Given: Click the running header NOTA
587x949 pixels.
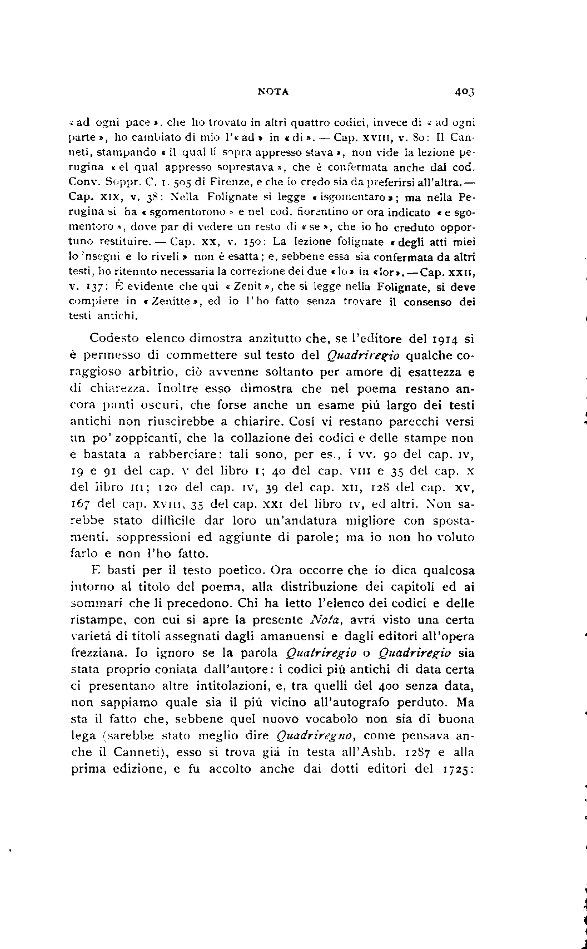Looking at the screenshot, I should click(x=273, y=92).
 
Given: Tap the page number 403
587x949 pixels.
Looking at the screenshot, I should click(x=464, y=92).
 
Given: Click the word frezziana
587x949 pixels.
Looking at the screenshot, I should click(x=94, y=653).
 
